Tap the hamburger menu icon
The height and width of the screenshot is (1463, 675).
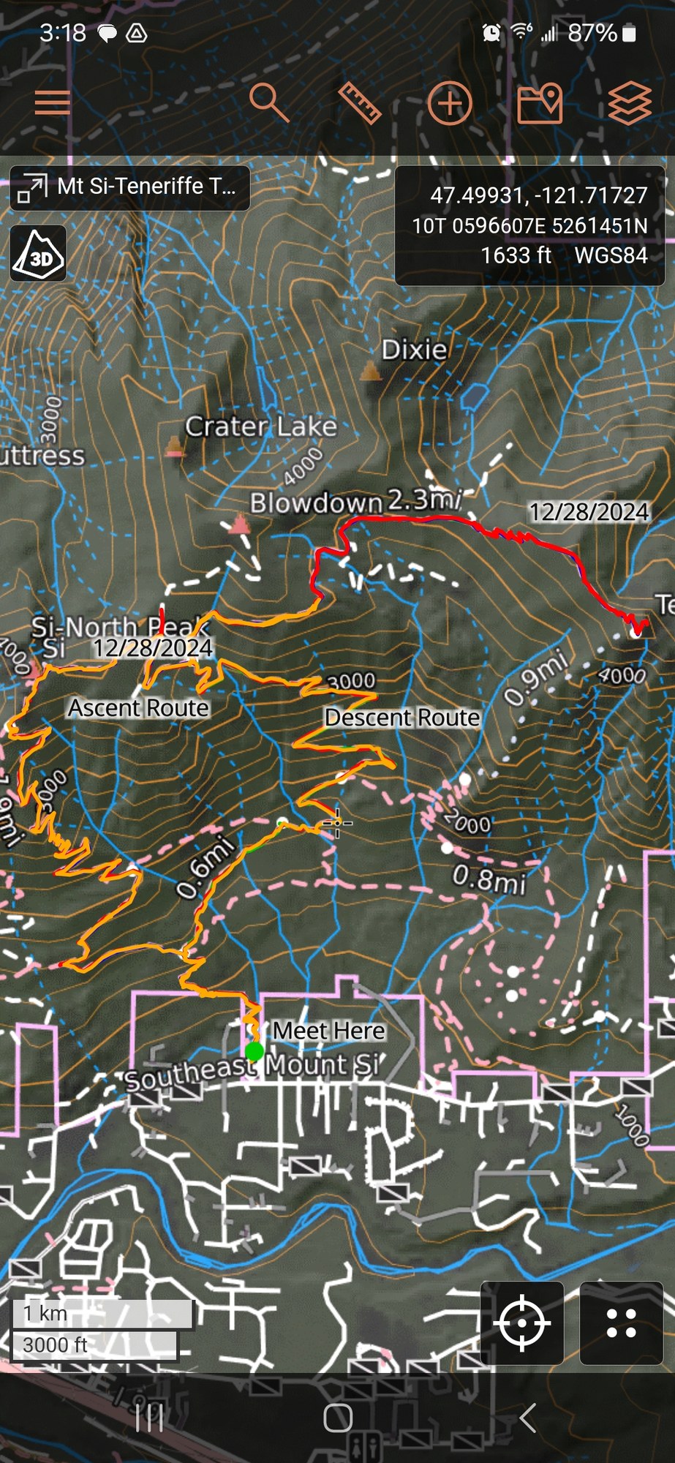tap(53, 102)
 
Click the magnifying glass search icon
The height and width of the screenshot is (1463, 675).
tap(268, 102)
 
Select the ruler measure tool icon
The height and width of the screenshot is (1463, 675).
tap(360, 102)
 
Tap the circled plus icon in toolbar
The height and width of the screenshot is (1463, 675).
tap(449, 103)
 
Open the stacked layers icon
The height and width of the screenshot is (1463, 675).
tap(629, 103)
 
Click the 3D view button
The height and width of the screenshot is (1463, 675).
tap(39, 254)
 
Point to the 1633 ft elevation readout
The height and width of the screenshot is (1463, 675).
tap(516, 255)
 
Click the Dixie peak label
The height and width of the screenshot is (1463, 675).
tap(414, 350)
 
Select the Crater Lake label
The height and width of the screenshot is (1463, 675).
tap(261, 426)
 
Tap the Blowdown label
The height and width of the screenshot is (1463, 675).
tap(316, 503)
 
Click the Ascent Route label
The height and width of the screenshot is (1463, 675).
tap(138, 707)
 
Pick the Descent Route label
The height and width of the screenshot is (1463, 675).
tap(401, 717)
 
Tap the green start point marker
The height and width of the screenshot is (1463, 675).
tap(254, 1052)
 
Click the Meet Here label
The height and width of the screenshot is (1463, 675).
tap(329, 1031)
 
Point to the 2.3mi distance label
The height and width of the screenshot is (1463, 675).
tap(424, 500)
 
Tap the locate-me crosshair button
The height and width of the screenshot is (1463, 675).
tap(521, 1323)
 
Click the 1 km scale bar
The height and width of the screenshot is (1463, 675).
tap(101, 1313)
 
